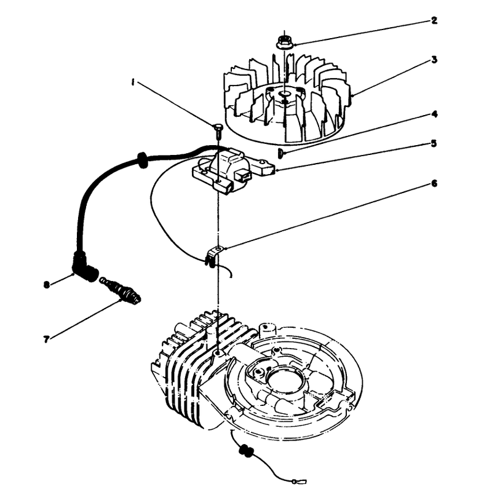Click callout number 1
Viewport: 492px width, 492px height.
133,82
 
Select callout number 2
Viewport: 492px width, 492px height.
434,21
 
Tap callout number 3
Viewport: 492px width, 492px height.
434,59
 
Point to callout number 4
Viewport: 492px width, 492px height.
435,114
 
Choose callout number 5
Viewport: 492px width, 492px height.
434,143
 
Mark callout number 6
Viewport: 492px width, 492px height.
434,183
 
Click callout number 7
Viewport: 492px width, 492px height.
46,339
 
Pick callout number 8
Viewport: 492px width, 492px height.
47,285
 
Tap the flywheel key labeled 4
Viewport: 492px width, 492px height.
281,154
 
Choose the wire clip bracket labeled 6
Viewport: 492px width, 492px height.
213,256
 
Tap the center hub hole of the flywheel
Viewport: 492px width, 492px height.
286,95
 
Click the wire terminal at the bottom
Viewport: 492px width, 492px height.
298,480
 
